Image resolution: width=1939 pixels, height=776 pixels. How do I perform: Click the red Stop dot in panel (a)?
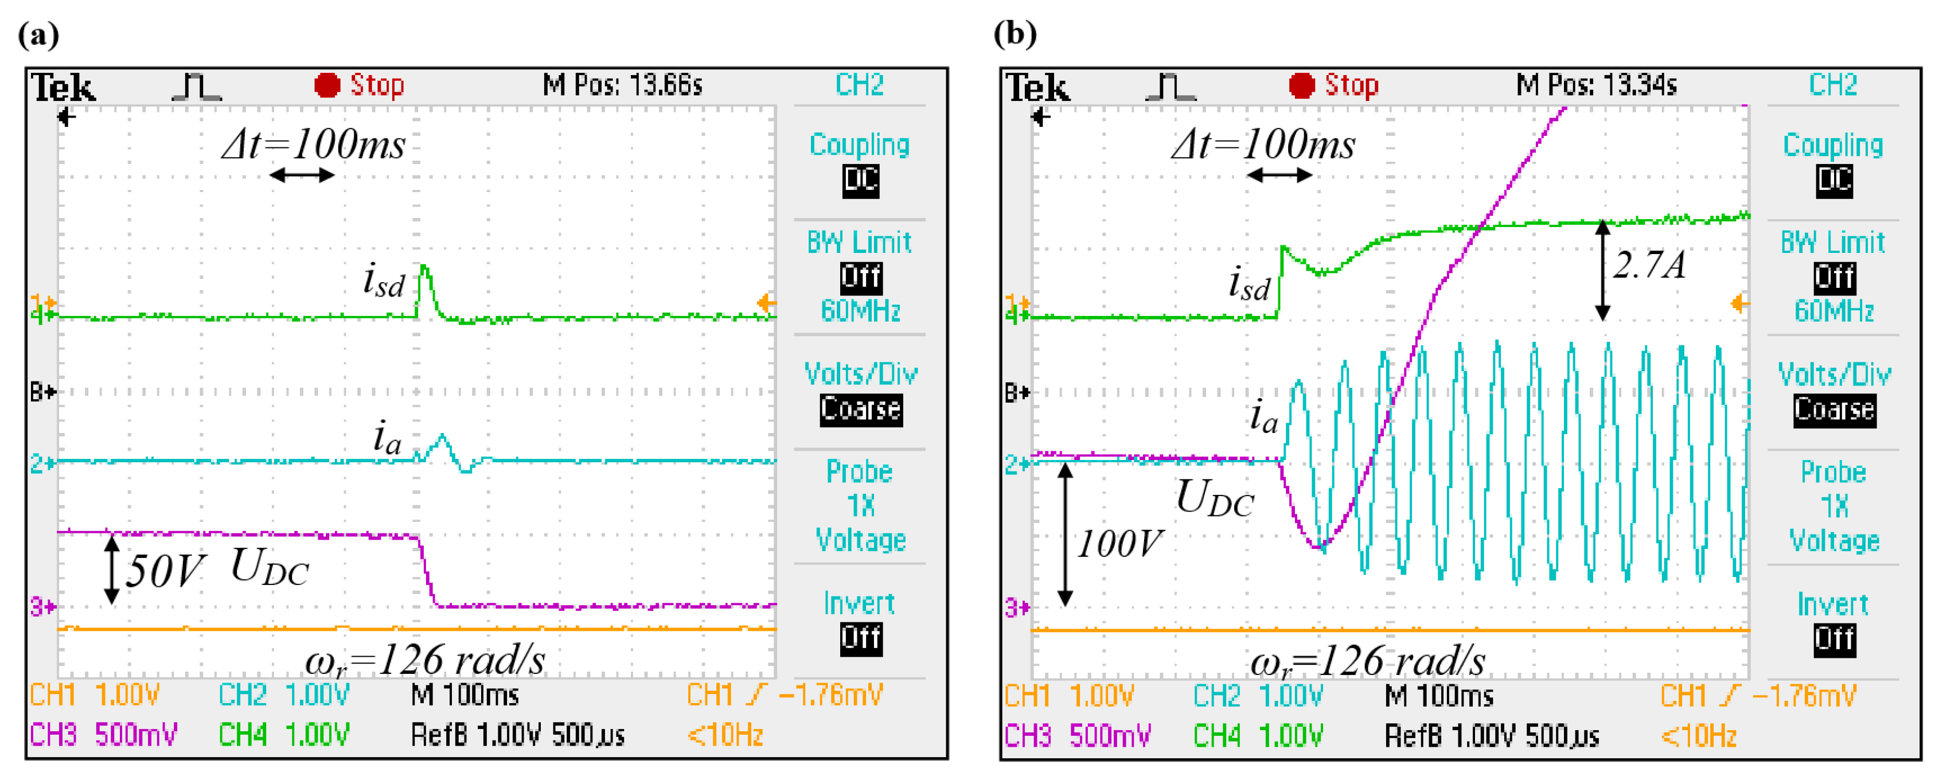pyautogui.click(x=327, y=85)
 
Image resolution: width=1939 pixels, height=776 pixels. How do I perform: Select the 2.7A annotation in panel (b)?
pyautogui.click(x=1648, y=265)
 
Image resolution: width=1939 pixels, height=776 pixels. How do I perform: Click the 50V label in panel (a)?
pyautogui.click(x=163, y=571)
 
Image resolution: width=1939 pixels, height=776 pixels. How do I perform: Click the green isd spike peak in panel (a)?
pyautogui.click(x=424, y=268)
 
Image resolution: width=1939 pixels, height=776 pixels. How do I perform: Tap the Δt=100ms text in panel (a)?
pyautogui.click(x=313, y=144)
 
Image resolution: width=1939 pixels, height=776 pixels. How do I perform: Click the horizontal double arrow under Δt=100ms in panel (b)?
pyautogui.click(x=1279, y=176)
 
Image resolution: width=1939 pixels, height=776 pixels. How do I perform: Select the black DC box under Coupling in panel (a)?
pyautogui.click(x=860, y=181)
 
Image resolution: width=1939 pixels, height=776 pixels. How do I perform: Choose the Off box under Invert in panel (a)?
pyautogui.click(x=860, y=638)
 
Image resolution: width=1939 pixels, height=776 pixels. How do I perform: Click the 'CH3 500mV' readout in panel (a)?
pyautogui.click(x=103, y=734)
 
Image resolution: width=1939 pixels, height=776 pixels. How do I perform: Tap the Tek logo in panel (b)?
pyautogui.click(x=1037, y=88)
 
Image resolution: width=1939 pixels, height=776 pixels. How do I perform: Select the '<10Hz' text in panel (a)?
pyautogui.click(x=725, y=734)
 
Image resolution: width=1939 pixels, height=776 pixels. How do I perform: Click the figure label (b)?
pyautogui.click(x=1015, y=34)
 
